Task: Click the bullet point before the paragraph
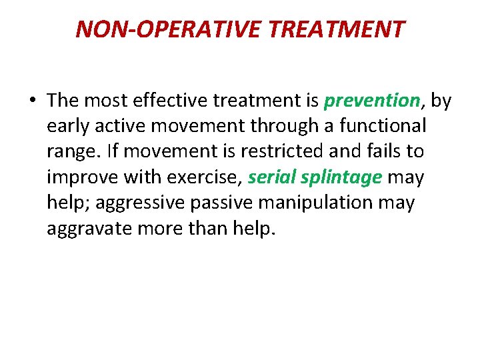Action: click(32, 101)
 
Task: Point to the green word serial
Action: click(272, 177)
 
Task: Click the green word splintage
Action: click(341, 177)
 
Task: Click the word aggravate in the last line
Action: click(90, 228)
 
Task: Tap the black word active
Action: click(123, 126)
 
